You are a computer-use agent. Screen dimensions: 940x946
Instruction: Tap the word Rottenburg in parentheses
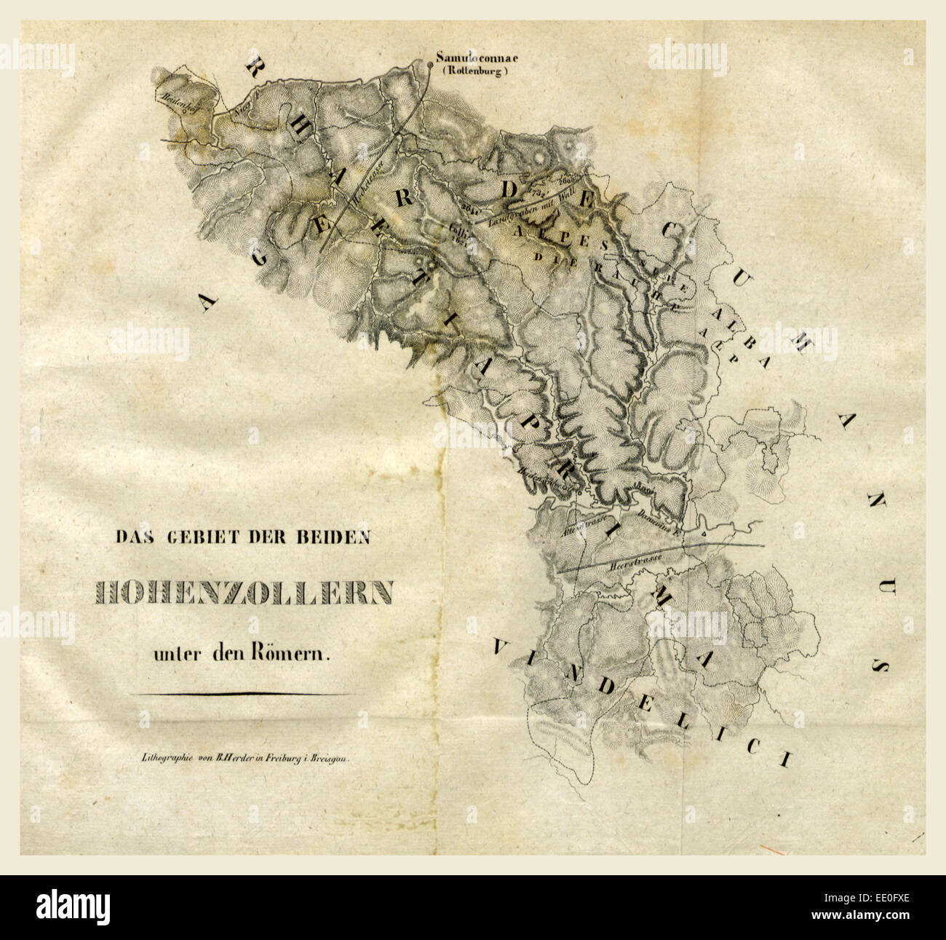coord(474,71)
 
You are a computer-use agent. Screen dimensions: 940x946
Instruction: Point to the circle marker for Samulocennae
coord(430,65)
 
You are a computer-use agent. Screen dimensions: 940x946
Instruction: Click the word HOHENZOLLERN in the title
coord(243,593)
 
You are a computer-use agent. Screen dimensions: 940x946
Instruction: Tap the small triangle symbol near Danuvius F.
coord(704,534)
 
